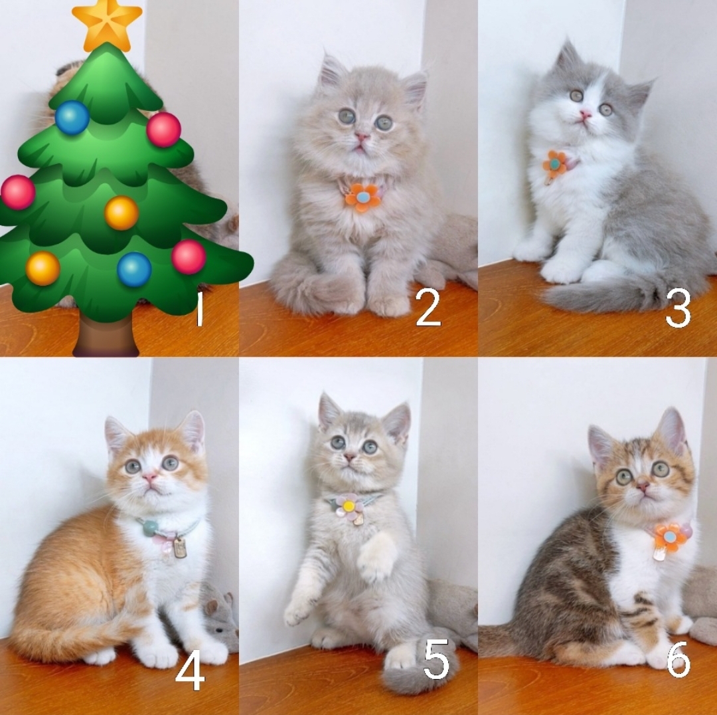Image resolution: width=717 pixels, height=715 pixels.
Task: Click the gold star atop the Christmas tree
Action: point(107,25)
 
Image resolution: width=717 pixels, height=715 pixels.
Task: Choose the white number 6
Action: point(678,659)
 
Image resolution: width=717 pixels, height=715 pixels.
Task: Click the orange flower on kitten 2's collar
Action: point(362,198)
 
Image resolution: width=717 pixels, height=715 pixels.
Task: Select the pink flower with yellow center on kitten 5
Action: point(349,506)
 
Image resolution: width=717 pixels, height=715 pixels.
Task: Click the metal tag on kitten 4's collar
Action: point(180,548)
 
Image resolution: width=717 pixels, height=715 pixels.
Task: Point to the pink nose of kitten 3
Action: point(585,114)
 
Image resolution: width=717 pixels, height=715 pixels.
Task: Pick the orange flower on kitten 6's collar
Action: point(670,537)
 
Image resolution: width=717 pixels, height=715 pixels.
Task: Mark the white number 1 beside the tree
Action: point(199,310)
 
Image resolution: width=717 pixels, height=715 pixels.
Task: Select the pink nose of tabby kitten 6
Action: point(643,486)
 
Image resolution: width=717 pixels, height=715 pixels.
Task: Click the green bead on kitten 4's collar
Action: point(150,528)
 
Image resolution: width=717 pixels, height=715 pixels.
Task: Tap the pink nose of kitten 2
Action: point(362,136)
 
